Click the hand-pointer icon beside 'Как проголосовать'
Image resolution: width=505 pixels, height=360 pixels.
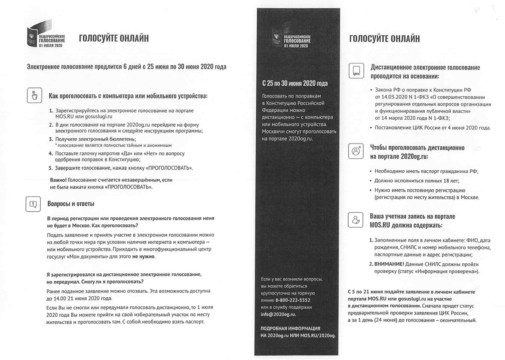(x=34, y=95)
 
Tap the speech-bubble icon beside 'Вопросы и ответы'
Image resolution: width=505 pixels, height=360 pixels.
(x=34, y=204)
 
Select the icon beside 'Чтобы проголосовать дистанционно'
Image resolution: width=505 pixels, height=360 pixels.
(x=356, y=151)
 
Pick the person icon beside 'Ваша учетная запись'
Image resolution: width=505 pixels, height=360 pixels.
(x=356, y=220)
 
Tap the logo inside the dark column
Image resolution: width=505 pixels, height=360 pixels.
(x=292, y=39)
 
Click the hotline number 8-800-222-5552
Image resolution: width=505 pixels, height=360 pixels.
(x=292, y=300)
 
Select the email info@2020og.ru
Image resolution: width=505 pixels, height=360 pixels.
(x=278, y=314)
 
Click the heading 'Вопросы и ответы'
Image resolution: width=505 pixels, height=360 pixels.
(x=71, y=204)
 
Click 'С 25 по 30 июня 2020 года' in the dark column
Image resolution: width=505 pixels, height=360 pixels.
(x=295, y=83)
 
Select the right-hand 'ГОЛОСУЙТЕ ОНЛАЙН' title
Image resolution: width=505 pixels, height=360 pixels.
(x=384, y=39)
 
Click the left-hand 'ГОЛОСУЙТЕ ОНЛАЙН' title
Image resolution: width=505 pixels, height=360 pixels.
(x=114, y=38)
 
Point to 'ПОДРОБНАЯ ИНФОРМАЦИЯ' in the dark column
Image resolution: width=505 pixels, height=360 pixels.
(x=290, y=329)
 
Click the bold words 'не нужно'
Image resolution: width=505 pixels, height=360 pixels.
(x=144, y=256)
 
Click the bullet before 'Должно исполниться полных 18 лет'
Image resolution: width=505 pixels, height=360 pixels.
(x=370, y=181)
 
